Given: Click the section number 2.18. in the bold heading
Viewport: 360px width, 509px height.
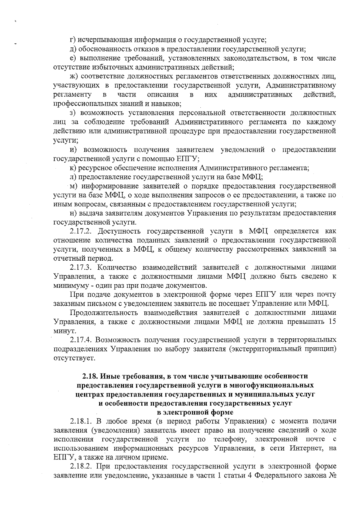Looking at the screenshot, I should click(x=90, y=376).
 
